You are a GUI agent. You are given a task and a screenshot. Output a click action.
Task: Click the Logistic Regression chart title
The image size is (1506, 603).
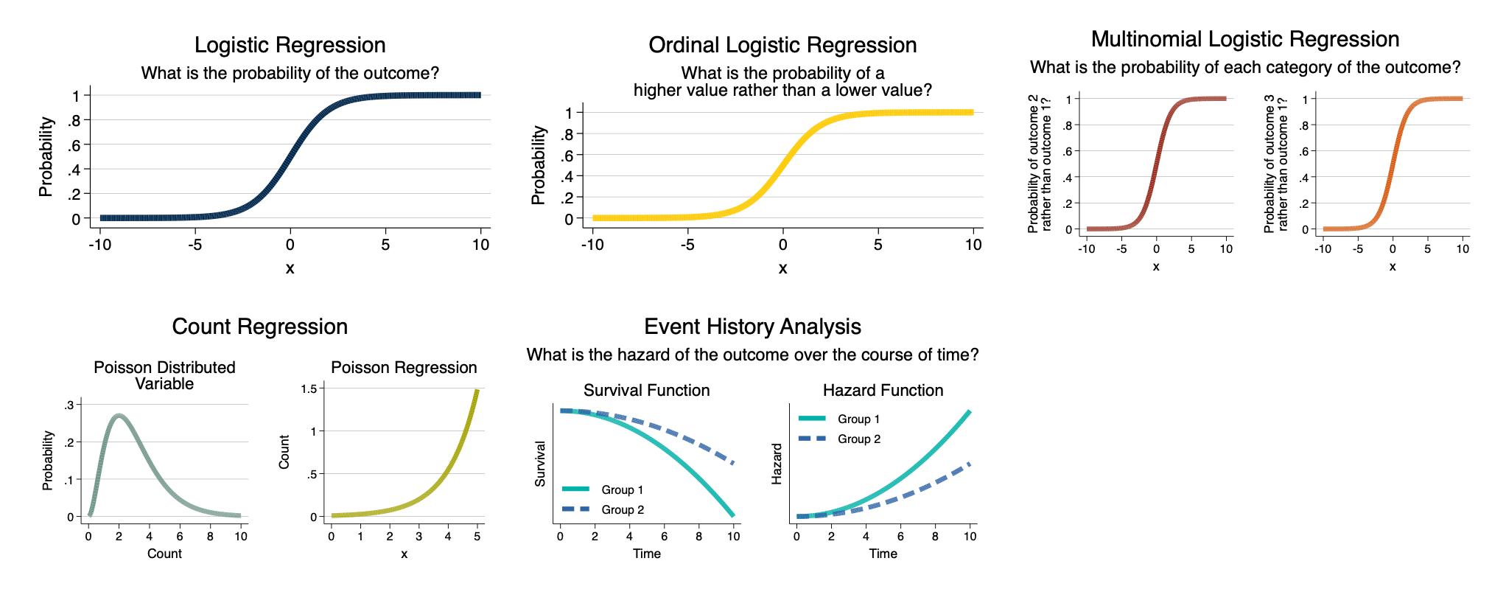[x=290, y=45]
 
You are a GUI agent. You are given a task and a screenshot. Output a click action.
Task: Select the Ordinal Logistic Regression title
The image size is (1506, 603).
[x=782, y=45]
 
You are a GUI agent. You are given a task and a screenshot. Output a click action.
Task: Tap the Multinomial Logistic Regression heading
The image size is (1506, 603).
[x=1245, y=39]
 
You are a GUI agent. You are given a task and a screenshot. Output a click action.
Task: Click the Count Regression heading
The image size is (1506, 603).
[x=259, y=327]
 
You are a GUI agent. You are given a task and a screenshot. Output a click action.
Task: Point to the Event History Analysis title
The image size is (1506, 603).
[x=752, y=327]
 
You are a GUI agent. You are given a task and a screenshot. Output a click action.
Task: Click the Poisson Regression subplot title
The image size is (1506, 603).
[x=404, y=368]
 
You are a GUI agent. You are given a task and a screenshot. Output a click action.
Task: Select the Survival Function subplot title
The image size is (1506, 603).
[x=646, y=390]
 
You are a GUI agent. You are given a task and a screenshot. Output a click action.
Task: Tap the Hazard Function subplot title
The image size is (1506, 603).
[x=883, y=390]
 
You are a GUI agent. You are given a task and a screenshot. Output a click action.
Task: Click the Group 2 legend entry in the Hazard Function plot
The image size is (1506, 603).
[x=840, y=439]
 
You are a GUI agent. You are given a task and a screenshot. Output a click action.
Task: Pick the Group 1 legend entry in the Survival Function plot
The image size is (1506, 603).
[x=603, y=489]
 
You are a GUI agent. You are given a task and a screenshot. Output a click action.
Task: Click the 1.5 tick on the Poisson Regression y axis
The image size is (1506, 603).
[x=309, y=388]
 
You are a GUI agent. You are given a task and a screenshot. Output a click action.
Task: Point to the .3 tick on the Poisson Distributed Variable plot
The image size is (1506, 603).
[x=69, y=405]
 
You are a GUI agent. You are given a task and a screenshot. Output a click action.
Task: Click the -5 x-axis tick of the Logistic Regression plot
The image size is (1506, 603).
[x=195, y=245]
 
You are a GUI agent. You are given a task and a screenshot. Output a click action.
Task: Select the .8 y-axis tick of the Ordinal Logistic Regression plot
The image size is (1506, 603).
[x=567, y=134]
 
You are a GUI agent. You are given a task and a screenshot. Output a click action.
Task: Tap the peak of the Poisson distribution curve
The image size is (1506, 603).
[x=119, y=416]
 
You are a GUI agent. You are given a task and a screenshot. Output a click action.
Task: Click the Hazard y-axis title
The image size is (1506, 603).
[x=777, y=464]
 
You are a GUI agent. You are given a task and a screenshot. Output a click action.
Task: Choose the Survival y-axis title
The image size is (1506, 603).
[x=540, y=464]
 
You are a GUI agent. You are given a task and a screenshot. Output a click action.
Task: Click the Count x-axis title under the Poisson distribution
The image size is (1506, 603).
[x=164, y=554]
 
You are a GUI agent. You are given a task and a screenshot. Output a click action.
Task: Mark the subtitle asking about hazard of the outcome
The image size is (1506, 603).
[x=752, y=355]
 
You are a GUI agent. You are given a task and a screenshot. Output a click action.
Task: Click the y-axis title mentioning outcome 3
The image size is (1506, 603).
[x=1275, y=164]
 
